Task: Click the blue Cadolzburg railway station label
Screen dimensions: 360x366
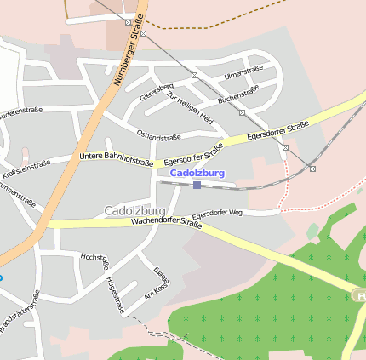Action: click(x=197, y=173)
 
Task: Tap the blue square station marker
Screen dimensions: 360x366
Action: click(x=197, y=185)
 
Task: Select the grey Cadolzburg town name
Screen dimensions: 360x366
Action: click(x=134, y=210)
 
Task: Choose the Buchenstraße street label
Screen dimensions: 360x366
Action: click(x=238, y=94)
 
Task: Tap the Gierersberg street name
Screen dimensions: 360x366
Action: click(x=157, y=91)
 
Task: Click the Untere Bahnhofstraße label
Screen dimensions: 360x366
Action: click(x=116, y=157)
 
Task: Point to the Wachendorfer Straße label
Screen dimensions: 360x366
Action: click(x=166, y=223)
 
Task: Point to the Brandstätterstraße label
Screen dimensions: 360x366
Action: click(x=20, y=311)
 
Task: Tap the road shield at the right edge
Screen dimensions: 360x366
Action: click(x=360, y=294)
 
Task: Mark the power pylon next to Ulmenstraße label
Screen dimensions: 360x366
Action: click(x=194, y=75)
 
